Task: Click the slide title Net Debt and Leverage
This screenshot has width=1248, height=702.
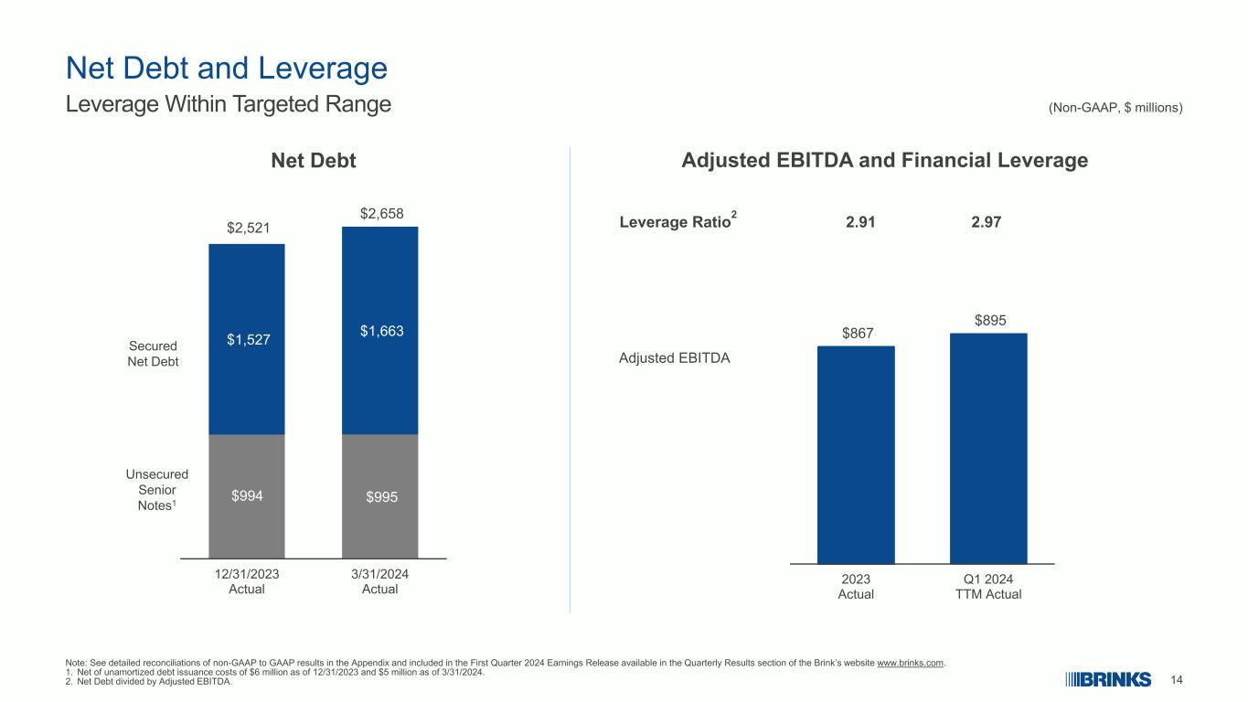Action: tap(226, 69)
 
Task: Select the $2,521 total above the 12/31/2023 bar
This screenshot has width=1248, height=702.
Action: tap(248, 228)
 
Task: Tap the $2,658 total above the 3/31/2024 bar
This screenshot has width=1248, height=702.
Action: tap(381, 213)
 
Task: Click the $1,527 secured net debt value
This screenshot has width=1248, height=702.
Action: tap(248, 339)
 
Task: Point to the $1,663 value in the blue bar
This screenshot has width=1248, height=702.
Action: tap(381, 331)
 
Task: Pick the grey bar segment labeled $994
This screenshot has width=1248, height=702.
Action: tap(247, 496)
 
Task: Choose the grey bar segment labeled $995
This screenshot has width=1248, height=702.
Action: tap(380, 496)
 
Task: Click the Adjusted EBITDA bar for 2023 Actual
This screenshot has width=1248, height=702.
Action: tap(856, 454)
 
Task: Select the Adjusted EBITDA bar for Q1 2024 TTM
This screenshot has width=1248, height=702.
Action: tap(988, 449)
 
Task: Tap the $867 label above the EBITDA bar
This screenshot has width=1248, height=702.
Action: tap(858, 333)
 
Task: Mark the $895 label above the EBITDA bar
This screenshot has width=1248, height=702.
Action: tap(990, 320)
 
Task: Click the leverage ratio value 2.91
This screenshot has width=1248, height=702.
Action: tap(860, 222)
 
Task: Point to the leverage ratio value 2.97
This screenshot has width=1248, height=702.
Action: tap(987, 222)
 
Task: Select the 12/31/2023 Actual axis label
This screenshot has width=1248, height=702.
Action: tap(247, 581)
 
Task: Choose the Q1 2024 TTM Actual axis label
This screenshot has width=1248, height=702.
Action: tap(988, 587)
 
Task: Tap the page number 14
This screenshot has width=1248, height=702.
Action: tap(1176, 680)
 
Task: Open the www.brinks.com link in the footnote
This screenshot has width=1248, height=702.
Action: tap(911, 663)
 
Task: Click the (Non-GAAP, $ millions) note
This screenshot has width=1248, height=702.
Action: tap(1115, 108)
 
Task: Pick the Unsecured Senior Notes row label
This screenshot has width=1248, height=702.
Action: tap(156, 490)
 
